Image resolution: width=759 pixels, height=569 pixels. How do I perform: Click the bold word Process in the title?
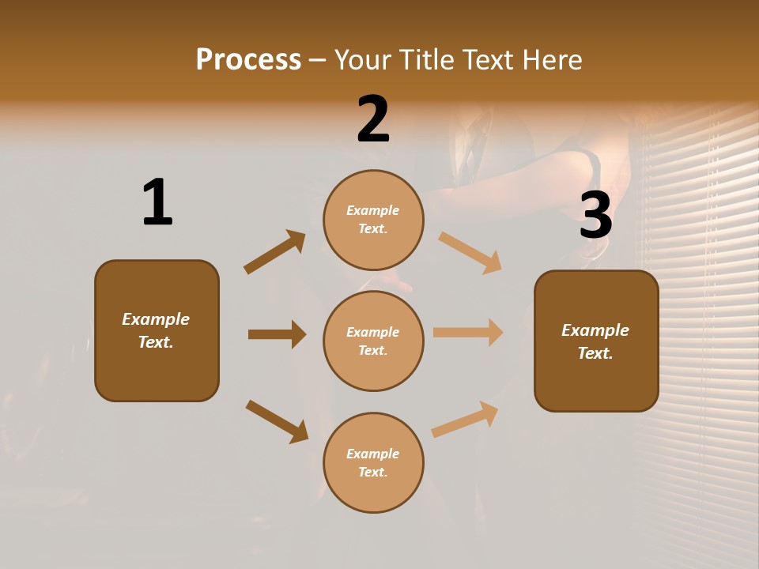pos(248,59)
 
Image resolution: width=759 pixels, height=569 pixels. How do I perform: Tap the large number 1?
pos(157,202)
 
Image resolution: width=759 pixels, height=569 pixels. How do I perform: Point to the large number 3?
pos(595,216)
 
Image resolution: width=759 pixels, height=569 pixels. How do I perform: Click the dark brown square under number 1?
pos(157,330)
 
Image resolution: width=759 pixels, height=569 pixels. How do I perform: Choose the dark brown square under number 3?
pos(596,341)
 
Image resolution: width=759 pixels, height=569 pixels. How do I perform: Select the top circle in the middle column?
pos(373,220)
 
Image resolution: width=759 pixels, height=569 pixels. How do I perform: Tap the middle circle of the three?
pos(373,341)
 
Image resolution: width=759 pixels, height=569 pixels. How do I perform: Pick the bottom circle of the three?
pos(373,462)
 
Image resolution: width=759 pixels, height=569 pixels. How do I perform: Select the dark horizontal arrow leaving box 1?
pos(277,334)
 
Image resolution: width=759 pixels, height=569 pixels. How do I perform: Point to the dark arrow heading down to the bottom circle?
pos(278,421)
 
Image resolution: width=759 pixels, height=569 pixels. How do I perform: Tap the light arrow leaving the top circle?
pos(470,253)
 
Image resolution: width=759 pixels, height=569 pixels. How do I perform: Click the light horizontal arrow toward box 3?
pos(468,333)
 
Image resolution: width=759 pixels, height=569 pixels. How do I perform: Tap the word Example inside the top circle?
pos(373,210)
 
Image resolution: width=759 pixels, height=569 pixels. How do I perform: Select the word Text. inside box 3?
pos(595,353)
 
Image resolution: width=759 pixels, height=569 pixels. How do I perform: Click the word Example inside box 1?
pos(156,319)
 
